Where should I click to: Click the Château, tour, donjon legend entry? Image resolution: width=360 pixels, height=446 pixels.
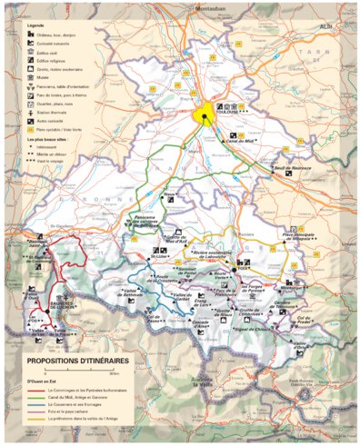point(57,32)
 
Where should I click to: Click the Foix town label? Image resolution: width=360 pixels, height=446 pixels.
point(243,269)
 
